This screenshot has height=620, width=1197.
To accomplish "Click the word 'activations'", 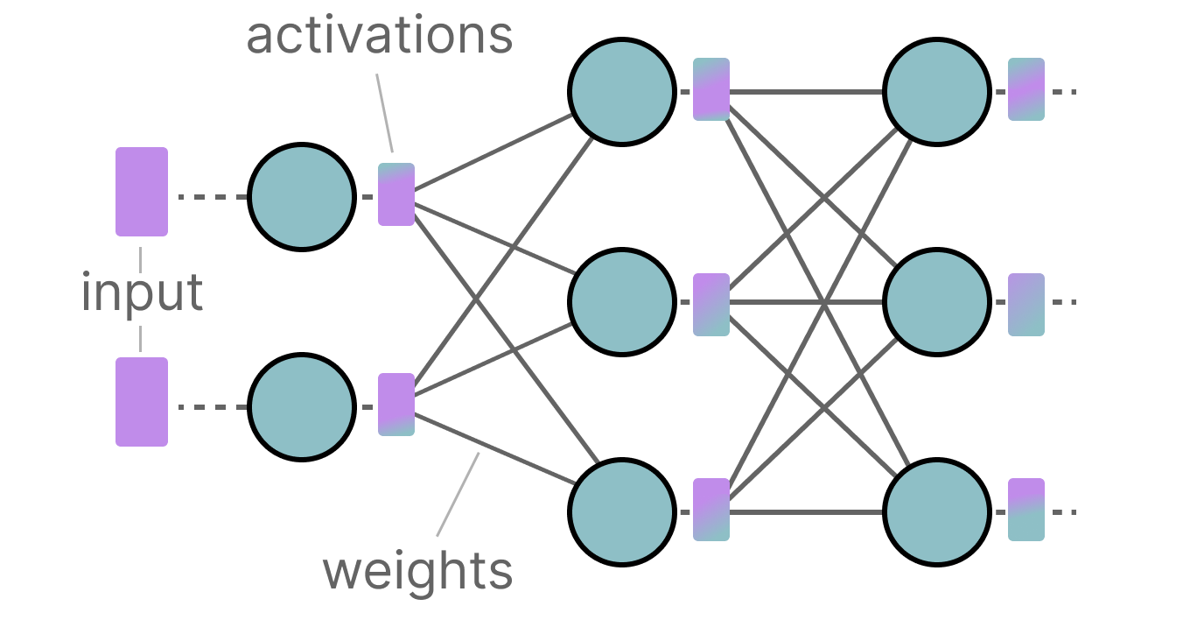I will click(x=379, y=36).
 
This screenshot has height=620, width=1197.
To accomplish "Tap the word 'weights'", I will click(x=417, y=571).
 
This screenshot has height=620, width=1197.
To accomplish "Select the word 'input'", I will click(x=142, y=292).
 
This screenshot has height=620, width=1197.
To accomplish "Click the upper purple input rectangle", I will click(x=142, y=192).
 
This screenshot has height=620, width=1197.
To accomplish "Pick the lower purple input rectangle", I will click(x=142, y=402).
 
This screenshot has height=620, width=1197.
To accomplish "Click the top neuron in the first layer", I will click(x=302, y=197).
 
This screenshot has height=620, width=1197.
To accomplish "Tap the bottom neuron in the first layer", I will click(x=302, y=407).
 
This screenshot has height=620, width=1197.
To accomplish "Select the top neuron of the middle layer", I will click(x=621, y=90).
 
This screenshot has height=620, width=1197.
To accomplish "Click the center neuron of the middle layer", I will click(x=621, y=302).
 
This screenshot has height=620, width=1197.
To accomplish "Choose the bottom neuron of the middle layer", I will click(x=621, y=511).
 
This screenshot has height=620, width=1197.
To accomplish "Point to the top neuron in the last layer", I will click(x=936, y=90).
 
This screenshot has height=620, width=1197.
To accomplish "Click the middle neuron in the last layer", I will click(x=936, y=302).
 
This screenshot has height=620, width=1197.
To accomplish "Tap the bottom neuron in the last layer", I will click(x=936, y=511).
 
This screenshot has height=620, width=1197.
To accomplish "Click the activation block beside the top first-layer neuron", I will click(x=396, y=194).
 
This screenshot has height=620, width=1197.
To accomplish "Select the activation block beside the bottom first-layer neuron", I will click(x=396, y=405).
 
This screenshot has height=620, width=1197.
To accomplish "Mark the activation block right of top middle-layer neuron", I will click(x=711, y=89).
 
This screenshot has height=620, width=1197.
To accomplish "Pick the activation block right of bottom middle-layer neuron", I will click(x=711, y=510).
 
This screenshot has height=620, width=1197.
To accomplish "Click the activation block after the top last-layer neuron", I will click(x=1026, y=89).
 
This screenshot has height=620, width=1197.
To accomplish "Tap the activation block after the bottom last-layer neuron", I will click(x=1026, y=510).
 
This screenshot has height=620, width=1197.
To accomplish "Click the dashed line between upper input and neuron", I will click(x=213, y=197).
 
